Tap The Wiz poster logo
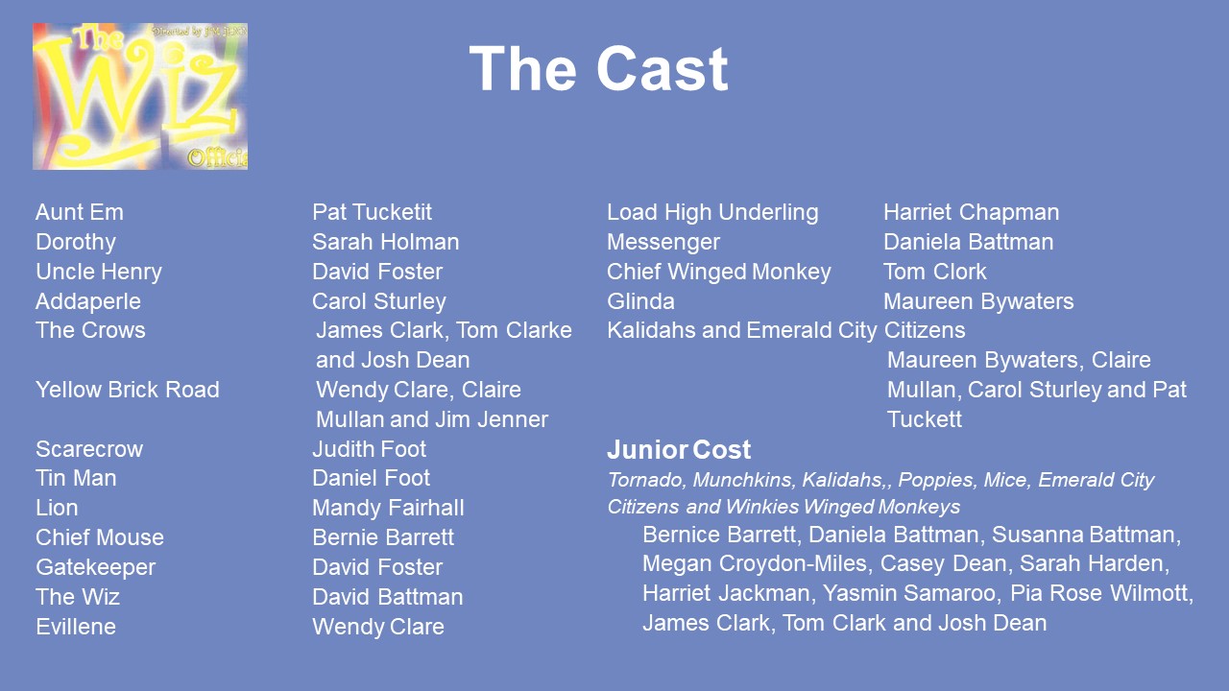pos(140,96)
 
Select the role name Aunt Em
pos(80,212)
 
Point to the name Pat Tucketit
pos(372,212)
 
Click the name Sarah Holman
pos(386,242)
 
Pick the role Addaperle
pos(88,301)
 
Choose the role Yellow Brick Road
pos(128,390)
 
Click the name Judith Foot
pos(370,449)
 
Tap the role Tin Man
pos(76,478)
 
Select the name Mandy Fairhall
pos(389,508)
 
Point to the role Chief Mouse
pos(100,537)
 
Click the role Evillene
pos(76,627)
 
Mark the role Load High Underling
pos(712,213)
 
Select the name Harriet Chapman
pos(972,213)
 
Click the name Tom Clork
pos(935,272)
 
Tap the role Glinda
pos(640,301)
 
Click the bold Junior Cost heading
pos(679,450)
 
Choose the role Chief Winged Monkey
pos(719,272)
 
